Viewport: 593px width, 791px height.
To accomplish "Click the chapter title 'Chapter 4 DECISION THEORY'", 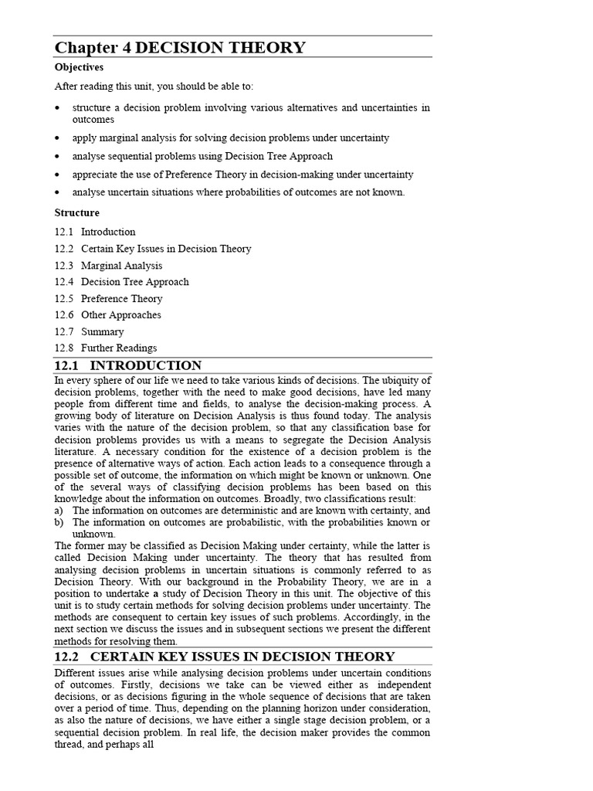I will click(180, 48).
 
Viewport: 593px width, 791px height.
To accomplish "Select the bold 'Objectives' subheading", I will click(79, 68).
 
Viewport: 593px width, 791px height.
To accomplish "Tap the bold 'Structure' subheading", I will click(77, 212).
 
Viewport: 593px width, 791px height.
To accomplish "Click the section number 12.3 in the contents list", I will click(64, 266).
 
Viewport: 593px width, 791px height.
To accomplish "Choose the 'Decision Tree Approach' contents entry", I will click(134, 282).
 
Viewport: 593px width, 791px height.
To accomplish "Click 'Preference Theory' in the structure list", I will click(121, 299).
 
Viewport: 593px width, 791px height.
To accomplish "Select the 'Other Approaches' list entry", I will click(121, 315).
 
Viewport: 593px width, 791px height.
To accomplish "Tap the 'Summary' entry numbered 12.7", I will click(102, 332).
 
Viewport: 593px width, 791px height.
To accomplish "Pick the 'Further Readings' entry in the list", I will click(119, 348).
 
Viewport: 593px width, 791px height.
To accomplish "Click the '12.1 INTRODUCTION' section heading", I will click(128, 366).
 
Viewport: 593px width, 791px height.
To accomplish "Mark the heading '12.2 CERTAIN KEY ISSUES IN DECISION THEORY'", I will click(225, 657).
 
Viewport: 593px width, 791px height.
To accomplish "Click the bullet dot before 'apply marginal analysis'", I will click(58, 138).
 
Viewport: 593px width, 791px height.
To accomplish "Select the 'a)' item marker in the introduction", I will click(59, 511).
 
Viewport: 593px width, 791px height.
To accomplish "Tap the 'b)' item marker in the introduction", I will click(59, 523).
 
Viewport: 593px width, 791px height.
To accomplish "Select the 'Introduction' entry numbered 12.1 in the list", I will click(108, 232).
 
